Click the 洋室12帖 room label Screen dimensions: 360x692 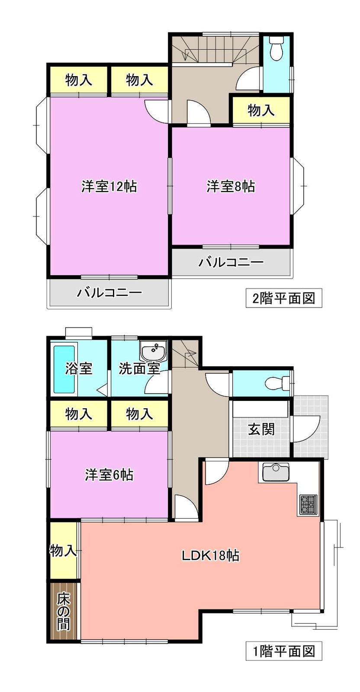[109, 186]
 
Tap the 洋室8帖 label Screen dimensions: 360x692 [231, 186]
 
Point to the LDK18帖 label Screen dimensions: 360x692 [210, 555]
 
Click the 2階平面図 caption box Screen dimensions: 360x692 [284, 298]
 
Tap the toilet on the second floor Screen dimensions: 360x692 [276, 48]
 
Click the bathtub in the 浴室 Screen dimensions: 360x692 [64, 369]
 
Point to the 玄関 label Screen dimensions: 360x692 [261, 429]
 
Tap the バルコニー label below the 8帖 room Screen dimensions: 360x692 [231, 262]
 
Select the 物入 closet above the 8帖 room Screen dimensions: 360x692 [261, 110]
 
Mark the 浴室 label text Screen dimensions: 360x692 [79, 368]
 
